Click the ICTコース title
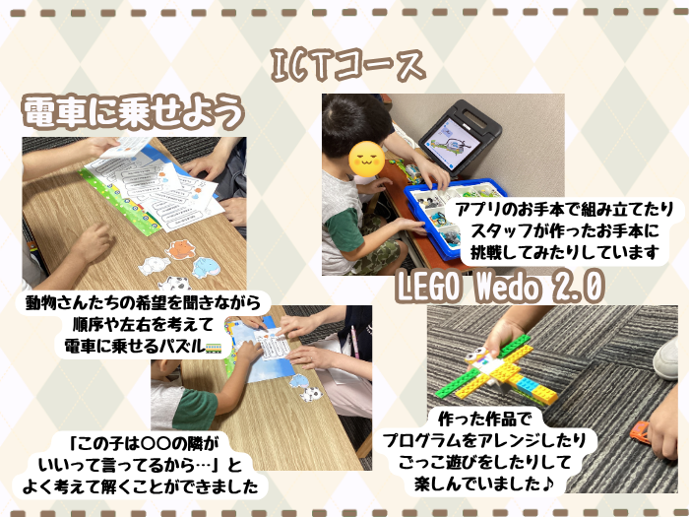click(x=348, y=66)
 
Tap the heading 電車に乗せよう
click(x=133, y=111)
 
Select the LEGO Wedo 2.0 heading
click(x=500, y=287)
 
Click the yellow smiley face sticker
click(x=367, y=160)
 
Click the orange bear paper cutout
click(x=180, y=249)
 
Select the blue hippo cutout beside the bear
click(x=207, y=268)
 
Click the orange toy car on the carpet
click(x=640, y=431)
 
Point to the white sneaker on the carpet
click(x=666, y=358)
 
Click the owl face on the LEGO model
click(x=475, y=355)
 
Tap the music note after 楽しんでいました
click(x=547, y=485)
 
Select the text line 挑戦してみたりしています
click(x=565, y=252)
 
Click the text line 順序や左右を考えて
click(x=144, y=325)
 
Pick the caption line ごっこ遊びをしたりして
click(x=484, y=462)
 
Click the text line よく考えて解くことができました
click(x=140, y=486)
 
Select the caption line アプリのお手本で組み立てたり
click(x=565, y=209)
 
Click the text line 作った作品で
click(x=484, y=419)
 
